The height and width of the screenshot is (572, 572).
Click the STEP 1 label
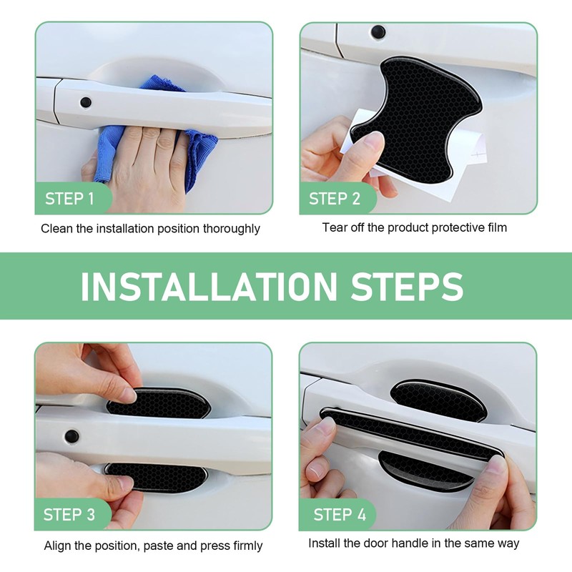pos(69,199)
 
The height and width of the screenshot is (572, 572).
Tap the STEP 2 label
pos(335,199)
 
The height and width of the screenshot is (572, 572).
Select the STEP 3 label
pos(69,515)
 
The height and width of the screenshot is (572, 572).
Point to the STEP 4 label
pos(340,515)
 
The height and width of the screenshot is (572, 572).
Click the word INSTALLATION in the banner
pos(209,287)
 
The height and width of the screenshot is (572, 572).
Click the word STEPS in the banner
pos(407,287)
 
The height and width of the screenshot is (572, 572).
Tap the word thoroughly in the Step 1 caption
pos(231,229)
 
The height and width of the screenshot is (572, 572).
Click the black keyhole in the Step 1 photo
pos(86,102)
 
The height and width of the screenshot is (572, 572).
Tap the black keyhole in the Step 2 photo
pos(378,32)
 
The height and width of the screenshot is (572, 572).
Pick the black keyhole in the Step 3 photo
pos(71,436)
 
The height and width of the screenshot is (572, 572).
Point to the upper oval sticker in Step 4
pos(438,400)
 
